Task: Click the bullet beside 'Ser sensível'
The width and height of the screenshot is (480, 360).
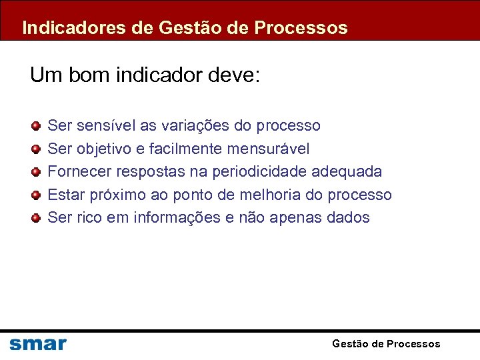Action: [36, 125]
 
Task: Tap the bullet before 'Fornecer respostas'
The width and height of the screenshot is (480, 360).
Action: [36, 171]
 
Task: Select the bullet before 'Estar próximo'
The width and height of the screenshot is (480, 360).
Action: [36, 195]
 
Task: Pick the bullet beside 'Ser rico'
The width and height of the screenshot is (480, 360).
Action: [36, 217]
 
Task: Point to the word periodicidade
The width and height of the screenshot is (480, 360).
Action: [261, 171]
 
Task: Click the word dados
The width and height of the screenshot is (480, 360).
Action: [348, 217]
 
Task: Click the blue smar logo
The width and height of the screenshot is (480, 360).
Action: [38, 344]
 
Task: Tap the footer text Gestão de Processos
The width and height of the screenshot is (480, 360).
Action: [386, 344]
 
